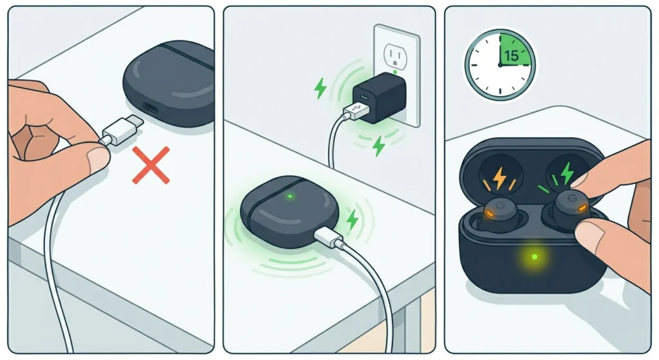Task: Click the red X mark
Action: pos(151,166)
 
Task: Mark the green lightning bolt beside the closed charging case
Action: pos(352,220)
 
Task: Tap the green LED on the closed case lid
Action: pos(290,196)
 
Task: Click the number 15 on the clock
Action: pos(511,56)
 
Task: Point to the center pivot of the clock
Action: pos(499,64)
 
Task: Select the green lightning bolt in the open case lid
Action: pos(566,173)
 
